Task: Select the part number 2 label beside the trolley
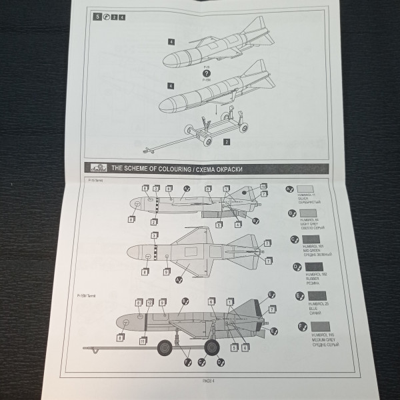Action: (x=227, y=141)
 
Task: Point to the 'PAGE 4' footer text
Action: (x=211, y=381)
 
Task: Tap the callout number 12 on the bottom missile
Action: (x=150, y=302)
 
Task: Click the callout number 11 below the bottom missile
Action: (x=143, y=341)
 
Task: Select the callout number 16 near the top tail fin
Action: (x=264, y=186)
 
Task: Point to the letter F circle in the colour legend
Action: (x=292, y=326)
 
